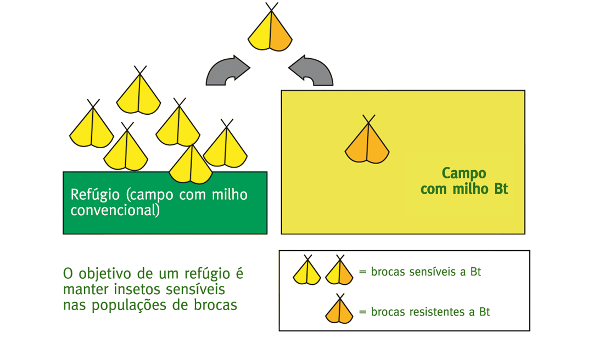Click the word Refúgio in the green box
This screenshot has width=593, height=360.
[x=95, y=195]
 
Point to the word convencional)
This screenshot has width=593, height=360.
[x=115, y=210]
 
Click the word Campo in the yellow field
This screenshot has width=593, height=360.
[x=463, y=173]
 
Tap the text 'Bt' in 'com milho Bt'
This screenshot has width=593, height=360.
[x=501, y=188]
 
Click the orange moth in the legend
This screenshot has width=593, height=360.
[x=339, y=310]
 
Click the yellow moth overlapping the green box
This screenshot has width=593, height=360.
[x=191, y=165]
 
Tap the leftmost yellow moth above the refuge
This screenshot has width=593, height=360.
[x=92, y=125]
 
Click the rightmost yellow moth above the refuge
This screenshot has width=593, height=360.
[x=226, y=145]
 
